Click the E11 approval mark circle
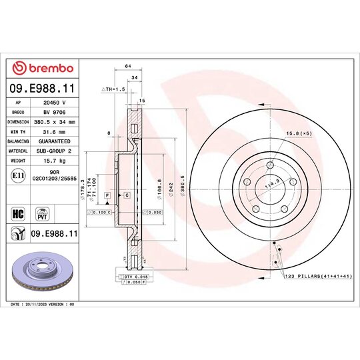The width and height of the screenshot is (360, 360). point(19,176)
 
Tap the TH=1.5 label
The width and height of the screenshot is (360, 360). point(113,89)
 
